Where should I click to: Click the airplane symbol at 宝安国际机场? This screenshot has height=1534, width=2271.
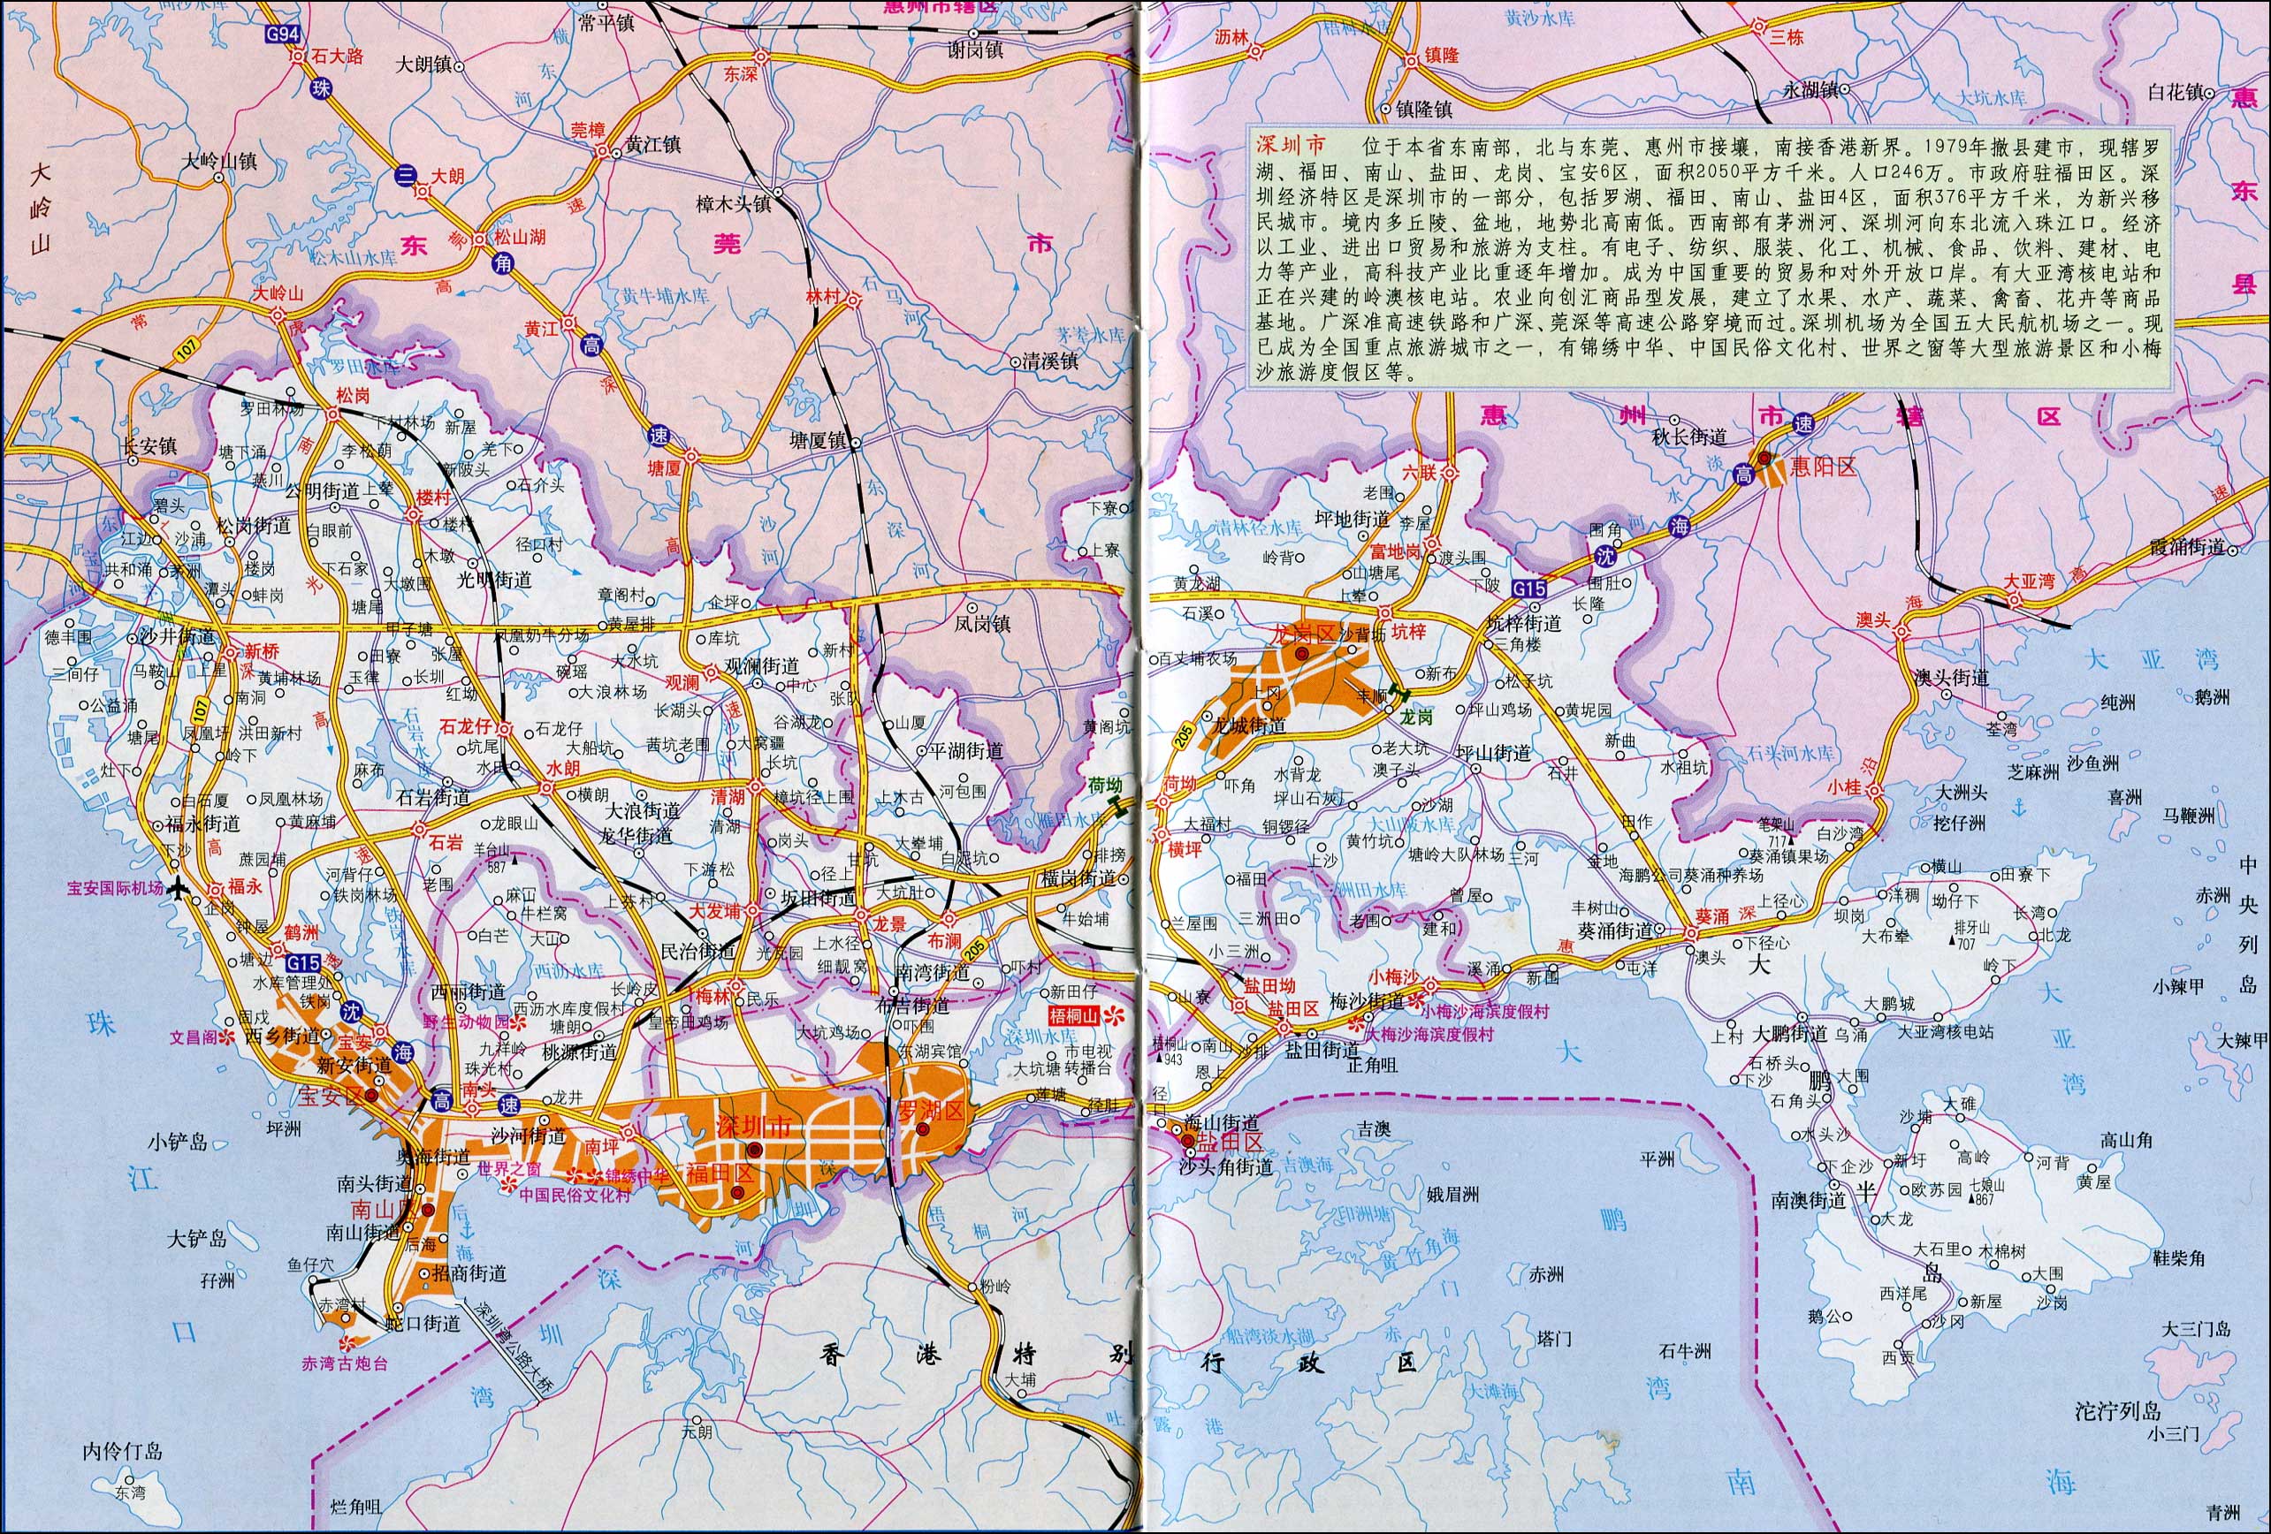[177, 889]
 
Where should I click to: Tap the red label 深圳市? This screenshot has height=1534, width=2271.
[753, 1125]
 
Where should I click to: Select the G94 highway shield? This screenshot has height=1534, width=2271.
[286, 32]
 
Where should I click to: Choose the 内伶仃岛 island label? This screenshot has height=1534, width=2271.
[122, 1451]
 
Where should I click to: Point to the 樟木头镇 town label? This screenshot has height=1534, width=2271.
[733, 204]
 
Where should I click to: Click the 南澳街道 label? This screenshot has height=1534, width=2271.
[1808, 1199]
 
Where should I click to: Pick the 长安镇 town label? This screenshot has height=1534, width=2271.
[149, 445]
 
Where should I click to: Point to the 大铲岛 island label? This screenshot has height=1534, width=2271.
[196, 1239]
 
